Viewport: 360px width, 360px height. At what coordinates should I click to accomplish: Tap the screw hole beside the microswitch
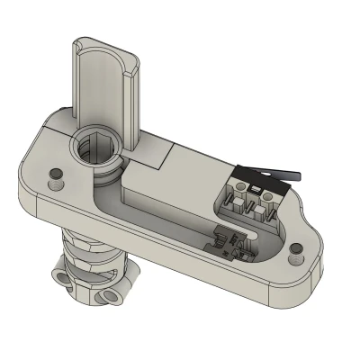click(x=294, y=257)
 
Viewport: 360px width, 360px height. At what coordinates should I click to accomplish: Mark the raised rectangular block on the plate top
click(x=148, y=155)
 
